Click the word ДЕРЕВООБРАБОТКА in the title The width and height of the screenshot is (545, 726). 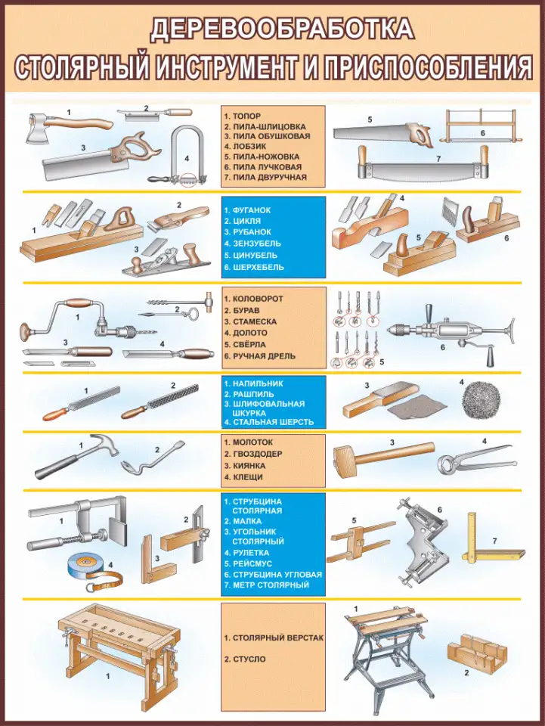click(282, 29)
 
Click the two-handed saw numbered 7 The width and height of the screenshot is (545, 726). click(423, 163)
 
